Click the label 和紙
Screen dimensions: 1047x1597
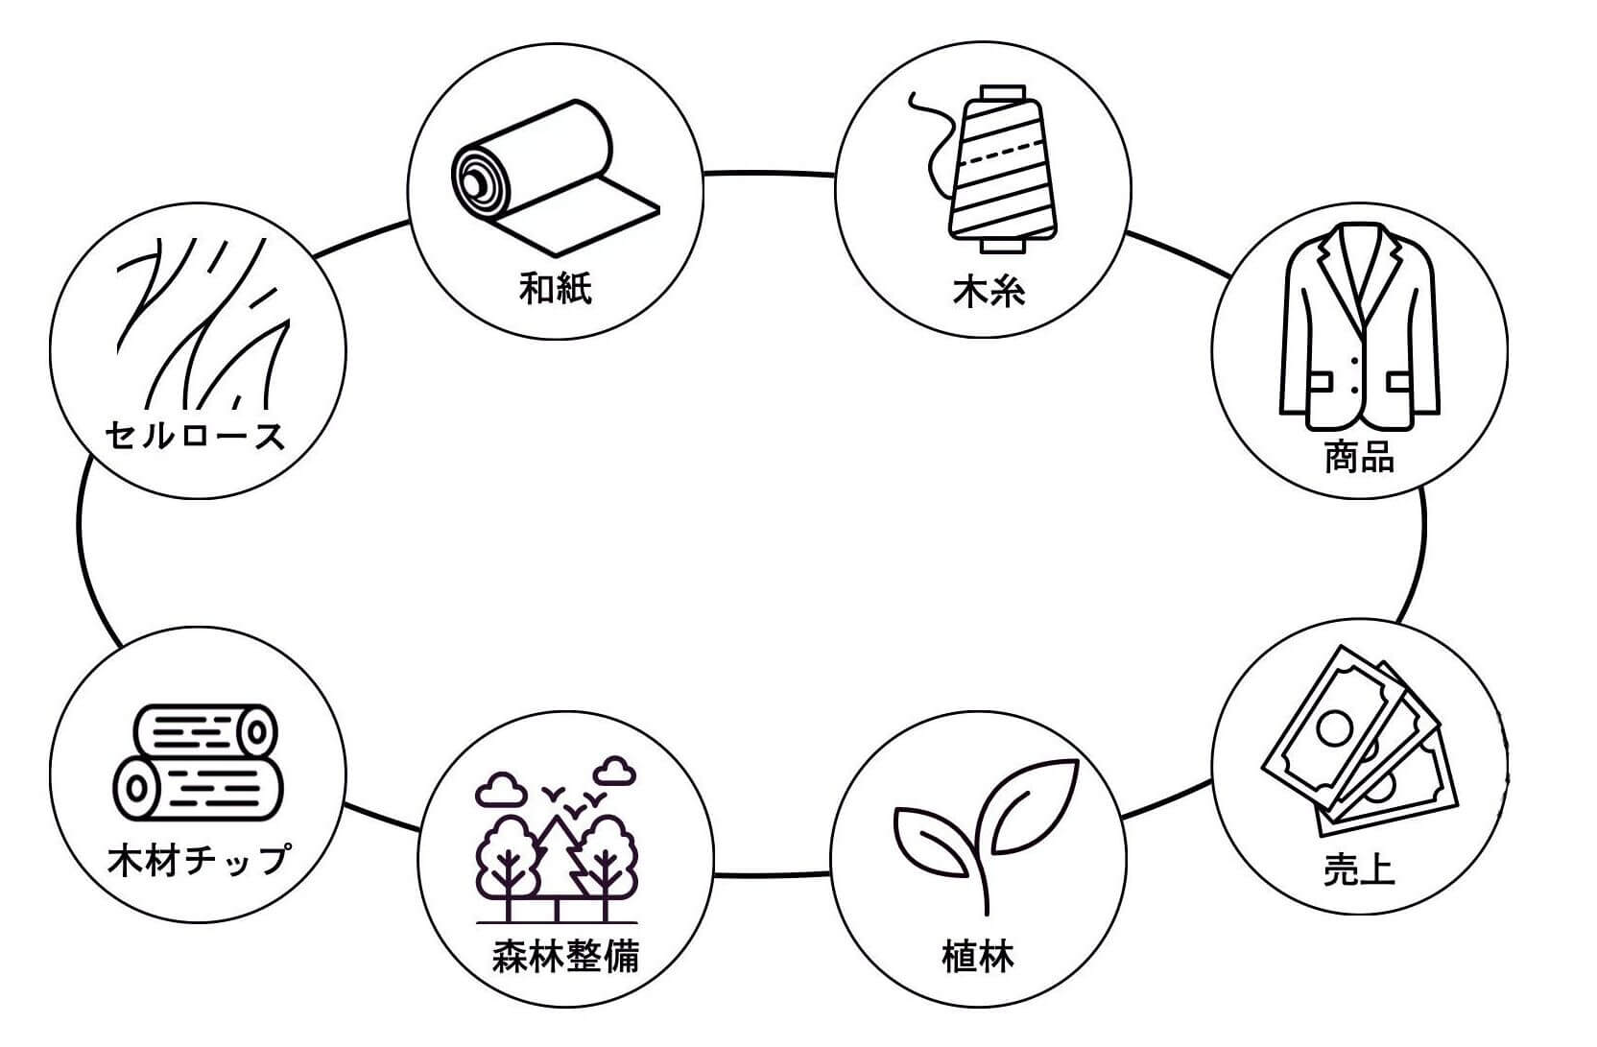click(556, 288)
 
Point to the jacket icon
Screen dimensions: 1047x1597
click(1359, 326)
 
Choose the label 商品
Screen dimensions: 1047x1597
click(1359, 457)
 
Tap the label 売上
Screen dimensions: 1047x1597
click(1359, 869)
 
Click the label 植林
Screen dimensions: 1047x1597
click(978, 957)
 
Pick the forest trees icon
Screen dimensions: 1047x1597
click(557, 845)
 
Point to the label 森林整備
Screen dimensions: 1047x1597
click(565, 957)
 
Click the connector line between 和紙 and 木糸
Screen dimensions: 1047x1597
click(769, 174)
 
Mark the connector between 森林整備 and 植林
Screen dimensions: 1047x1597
click(773, 875)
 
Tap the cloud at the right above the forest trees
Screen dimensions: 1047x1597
click(615, 770)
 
